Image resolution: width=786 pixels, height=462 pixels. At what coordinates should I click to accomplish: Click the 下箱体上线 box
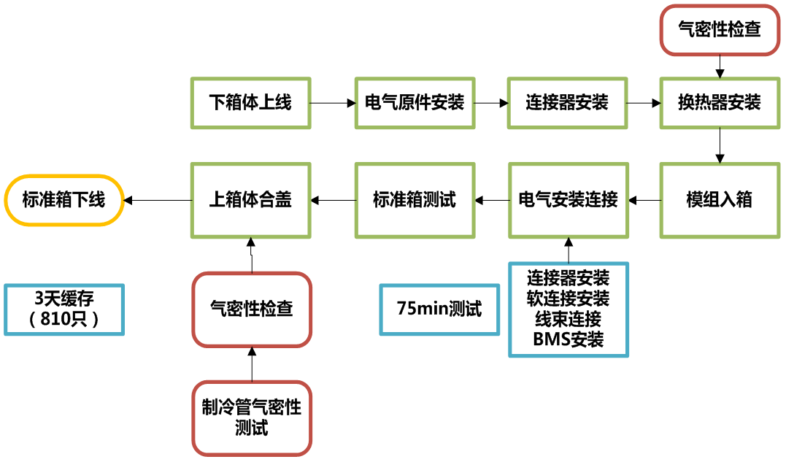250,103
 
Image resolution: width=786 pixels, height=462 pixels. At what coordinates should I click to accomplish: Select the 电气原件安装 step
415,103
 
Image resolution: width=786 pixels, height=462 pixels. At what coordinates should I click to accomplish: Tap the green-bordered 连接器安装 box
567,103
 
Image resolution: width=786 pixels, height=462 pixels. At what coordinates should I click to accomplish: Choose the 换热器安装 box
720,103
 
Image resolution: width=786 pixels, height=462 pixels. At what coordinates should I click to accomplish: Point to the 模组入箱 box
720,200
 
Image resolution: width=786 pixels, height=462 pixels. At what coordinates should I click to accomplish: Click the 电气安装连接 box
568,200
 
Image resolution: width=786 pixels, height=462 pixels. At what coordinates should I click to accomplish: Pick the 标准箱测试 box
415,200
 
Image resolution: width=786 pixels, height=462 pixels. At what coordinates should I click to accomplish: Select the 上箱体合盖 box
250,200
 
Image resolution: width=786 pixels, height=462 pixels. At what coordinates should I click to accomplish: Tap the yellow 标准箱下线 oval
64,200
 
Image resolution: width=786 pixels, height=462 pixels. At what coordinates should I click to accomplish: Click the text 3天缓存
64,300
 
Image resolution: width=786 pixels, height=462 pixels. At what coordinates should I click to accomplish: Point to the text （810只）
64,320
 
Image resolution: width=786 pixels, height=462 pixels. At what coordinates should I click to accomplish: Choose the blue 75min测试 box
439,309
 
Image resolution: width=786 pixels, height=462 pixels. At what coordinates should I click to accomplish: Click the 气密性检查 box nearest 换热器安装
720,29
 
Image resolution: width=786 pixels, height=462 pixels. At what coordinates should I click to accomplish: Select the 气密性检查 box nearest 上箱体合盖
252,309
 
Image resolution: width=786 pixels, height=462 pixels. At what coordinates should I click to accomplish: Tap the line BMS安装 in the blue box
569,340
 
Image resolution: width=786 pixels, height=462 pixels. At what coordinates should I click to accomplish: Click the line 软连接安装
569,299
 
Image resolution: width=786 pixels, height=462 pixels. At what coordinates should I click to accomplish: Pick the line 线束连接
569,320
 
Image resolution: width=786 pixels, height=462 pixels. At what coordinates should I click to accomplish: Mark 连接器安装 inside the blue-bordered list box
569,278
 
